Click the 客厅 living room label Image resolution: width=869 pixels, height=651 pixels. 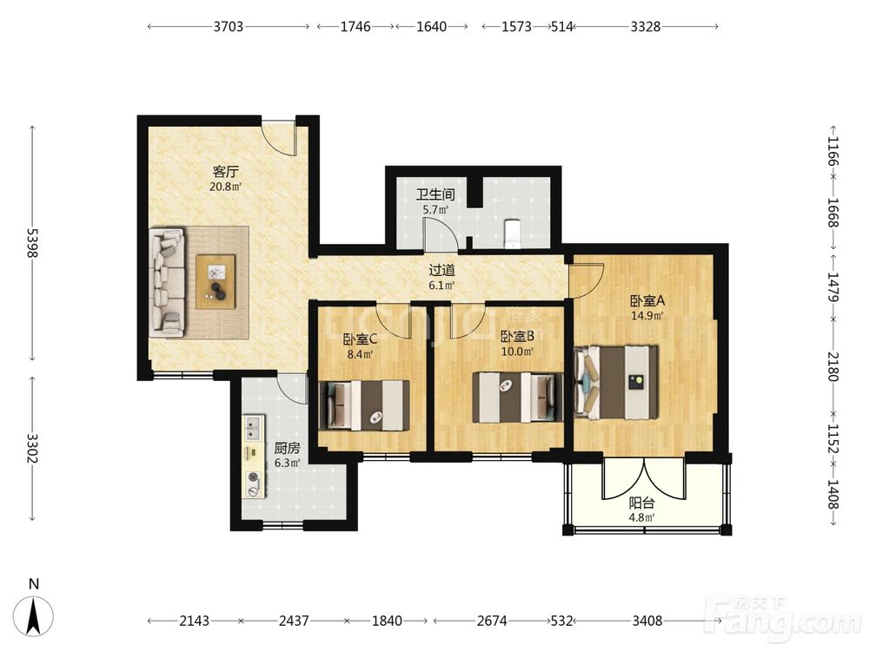coord(226,172)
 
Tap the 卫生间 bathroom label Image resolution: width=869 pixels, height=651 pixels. coord(435,194)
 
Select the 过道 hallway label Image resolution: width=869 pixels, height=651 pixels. coord(441,271)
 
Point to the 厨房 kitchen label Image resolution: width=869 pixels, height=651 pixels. coord(287,448)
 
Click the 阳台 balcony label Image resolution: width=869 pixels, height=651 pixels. coord(642,503)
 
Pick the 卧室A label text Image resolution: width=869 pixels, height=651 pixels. coord(647,300)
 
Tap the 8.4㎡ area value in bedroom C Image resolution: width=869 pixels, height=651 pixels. coord(360,354)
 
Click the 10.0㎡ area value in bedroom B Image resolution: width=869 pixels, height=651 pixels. coord(517,352)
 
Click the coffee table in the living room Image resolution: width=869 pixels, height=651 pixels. coord(216,280)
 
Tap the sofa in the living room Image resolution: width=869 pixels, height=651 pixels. coord(167,281)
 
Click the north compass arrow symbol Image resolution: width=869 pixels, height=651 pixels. coord(34,615)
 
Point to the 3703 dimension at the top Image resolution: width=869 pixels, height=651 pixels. coord(229,26)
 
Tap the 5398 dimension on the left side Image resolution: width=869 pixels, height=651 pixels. coord(32,243)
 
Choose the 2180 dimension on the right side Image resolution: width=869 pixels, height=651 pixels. coord(833,366)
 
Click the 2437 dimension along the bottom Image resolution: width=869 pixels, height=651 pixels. coord(294,621)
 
